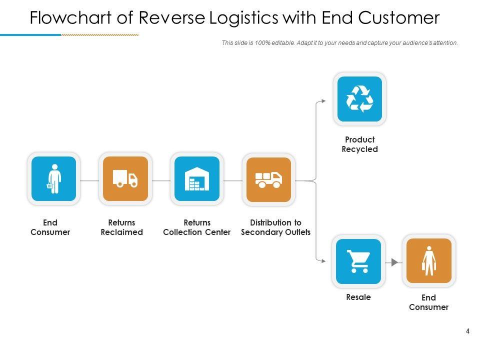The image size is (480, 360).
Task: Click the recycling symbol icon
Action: point(359,98)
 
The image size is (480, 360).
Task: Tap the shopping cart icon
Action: point(358,261)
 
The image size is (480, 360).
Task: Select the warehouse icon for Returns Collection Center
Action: point(197,178)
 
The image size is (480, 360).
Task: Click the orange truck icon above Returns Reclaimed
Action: point(125,178)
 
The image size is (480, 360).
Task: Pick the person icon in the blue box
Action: point(54,178)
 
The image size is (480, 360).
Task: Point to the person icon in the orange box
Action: point(429,261)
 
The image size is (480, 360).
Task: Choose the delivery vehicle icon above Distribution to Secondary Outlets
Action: point(268,179)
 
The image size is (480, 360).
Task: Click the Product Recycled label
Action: point(359,144)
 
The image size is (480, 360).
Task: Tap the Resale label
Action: point(358,297)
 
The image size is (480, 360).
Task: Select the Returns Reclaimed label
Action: point(121,227)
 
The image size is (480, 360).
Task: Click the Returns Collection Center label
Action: point(197,227)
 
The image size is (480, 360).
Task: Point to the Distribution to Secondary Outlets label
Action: point(275,227)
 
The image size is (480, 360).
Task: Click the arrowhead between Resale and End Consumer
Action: point(394,262)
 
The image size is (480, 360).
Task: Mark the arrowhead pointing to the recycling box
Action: point(323,100)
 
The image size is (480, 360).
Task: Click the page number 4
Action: point(467,330)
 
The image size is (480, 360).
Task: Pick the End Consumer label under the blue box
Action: point(50,227)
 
